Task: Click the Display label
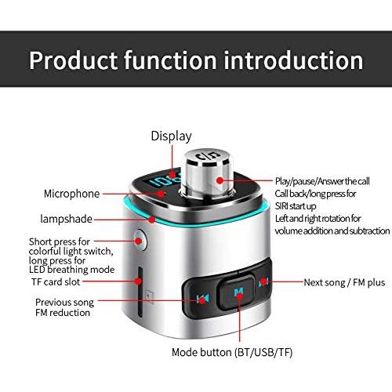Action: click(171, 136)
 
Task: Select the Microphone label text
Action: click(71, 193)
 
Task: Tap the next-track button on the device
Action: click(264, 281)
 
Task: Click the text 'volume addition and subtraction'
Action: click(332, 230)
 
